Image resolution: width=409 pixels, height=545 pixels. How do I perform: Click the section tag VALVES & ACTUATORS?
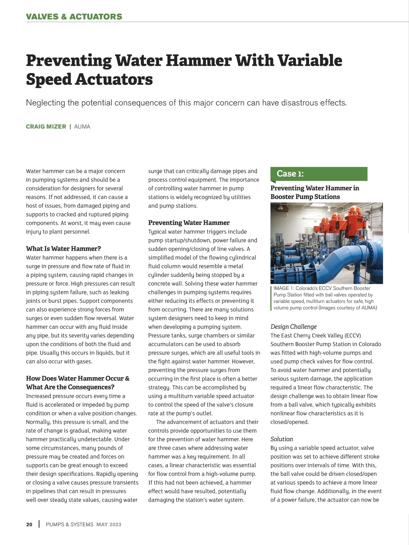click(74, 16)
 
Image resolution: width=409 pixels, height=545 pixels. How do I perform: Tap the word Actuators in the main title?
click(113, 79)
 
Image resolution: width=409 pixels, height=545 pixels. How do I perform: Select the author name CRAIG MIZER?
click(46, 127)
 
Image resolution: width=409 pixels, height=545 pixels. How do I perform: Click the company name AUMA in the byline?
click(82, 127)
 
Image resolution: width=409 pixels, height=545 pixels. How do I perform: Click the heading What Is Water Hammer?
click(63, 249)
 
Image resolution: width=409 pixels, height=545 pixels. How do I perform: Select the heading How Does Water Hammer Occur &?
click(78, 378)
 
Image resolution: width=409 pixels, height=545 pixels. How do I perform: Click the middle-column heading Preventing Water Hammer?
click(189, 223)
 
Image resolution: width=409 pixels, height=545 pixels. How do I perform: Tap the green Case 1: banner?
click(319, 174)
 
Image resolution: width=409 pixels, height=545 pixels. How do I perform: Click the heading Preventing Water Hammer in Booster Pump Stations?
click(315, 192)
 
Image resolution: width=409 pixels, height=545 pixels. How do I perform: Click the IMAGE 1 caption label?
click(284, 288)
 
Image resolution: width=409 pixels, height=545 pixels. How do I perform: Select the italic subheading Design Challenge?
click(293, 326)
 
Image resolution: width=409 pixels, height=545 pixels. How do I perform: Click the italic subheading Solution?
click(282, 439)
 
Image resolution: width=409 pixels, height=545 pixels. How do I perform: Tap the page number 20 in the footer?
click(29, 525)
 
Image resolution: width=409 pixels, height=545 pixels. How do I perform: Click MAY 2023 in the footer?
click(109, 525)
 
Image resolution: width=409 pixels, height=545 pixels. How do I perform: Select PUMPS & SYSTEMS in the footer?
click(70, 525)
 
